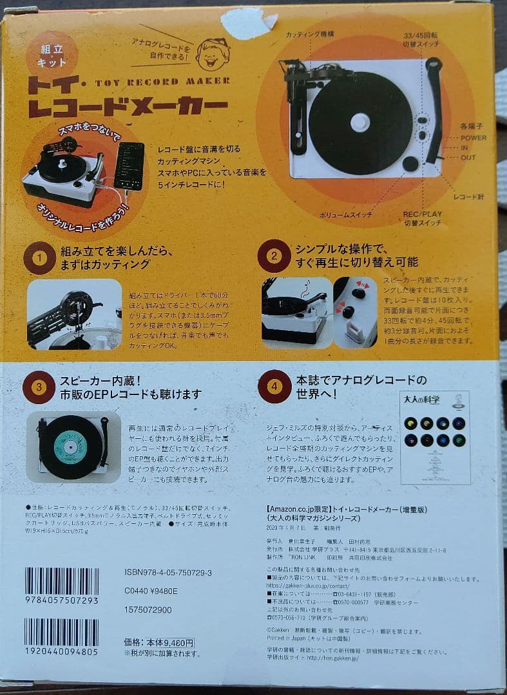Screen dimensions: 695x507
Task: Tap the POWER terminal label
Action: [x=474, y=138]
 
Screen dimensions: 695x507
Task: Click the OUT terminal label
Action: [x=468, y=158]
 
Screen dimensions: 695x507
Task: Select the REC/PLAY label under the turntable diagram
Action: [x=422, y=215]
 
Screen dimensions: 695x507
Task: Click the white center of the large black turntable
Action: [x=359, y=122]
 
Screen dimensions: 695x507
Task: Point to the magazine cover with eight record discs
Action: [x=435, y=437]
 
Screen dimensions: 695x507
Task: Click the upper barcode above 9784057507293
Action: [x=62, y=581]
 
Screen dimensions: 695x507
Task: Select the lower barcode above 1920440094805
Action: [x=62, y=632]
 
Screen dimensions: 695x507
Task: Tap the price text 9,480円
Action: [x=172, y=642]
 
